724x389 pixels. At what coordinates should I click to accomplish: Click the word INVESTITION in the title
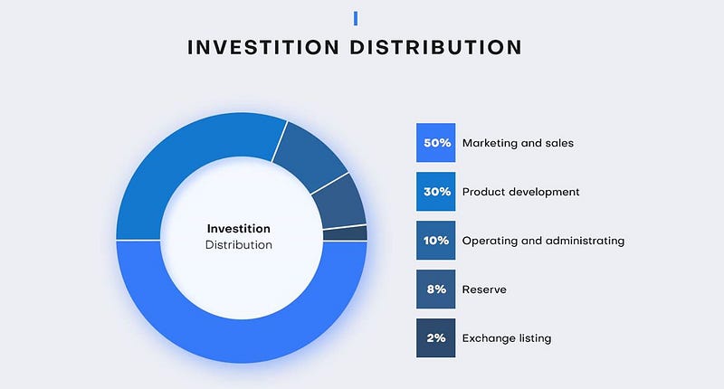click(263, 48)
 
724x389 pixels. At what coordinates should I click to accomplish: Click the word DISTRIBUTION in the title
click(436, 48)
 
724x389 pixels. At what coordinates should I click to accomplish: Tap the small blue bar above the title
click(356, 18)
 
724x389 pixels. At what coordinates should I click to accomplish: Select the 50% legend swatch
click(436, 143)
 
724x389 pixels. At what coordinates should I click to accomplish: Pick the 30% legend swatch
click(436, 192)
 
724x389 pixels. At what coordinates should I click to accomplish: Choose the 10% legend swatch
click(436, 241)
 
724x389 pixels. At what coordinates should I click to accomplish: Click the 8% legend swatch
click(436, 289)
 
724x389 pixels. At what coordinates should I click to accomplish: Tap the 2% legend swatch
click(436, 337)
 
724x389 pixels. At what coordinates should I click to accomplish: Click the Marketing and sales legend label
click(518, 143)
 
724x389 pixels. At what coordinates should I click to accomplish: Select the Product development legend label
click(521, 192)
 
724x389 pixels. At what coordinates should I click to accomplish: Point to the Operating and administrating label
click(544, 241)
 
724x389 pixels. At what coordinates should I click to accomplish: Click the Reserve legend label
click(484, 289)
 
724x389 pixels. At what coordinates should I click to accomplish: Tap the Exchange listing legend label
click(507, 338)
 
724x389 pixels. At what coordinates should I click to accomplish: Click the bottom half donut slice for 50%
click(242, 341)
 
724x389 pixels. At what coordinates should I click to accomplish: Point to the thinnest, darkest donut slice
click(346, 233)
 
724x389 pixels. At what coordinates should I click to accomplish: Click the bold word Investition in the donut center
click(239, 228)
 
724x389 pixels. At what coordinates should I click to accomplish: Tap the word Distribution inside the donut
click(239, 245)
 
